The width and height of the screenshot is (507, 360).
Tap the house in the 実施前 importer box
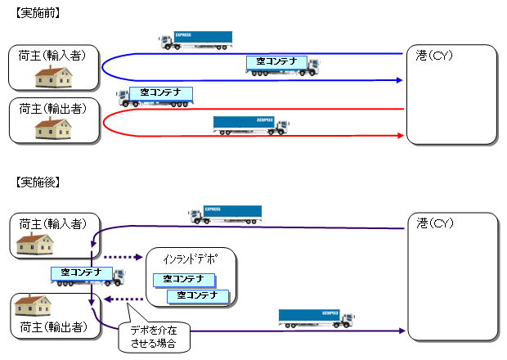[52, 77]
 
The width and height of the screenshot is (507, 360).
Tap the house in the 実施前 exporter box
[52, 127]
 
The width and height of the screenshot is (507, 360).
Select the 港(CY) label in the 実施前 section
[434, 56]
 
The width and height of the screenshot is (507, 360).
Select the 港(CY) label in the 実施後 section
[434, 223]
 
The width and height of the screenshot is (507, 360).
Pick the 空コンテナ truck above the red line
[155, 96]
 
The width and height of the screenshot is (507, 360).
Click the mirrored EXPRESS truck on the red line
[250, 125]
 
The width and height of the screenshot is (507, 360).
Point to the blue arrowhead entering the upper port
[400, 80]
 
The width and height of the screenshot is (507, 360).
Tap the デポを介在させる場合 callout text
[155, 337]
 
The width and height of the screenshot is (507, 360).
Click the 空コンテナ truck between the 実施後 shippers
[86, 276]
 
